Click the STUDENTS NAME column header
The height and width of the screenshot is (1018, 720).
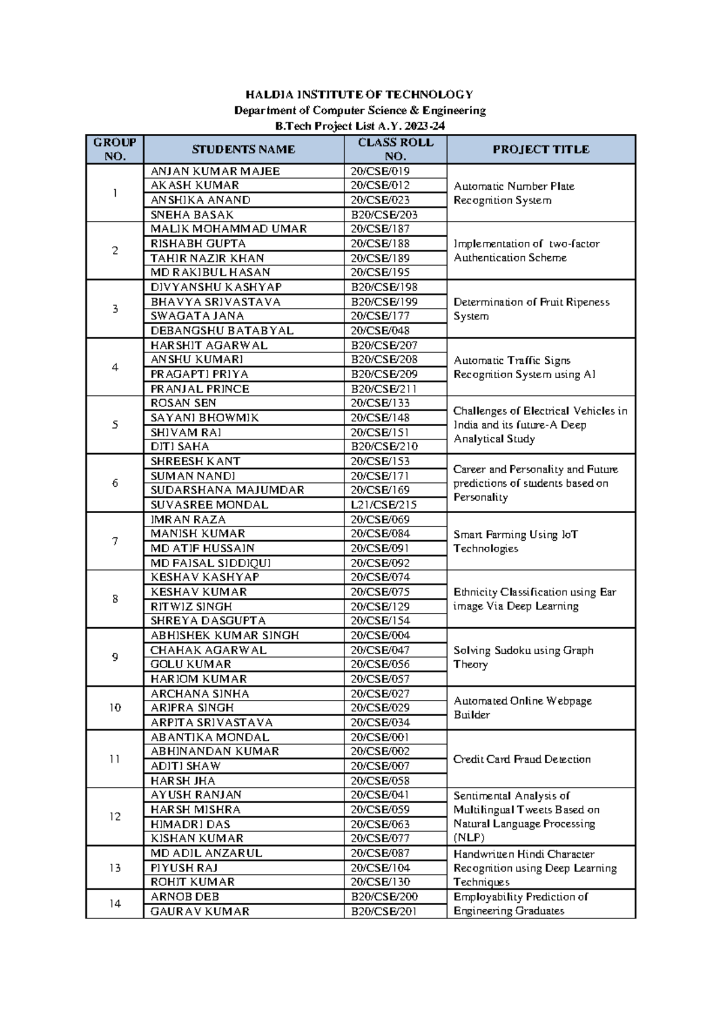[243, 149]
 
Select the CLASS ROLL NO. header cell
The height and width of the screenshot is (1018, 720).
[395, 149]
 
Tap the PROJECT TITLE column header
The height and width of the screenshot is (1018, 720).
[541, 149]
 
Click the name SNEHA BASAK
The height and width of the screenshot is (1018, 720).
[192, 214]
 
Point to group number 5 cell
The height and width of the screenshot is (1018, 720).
[115, 424]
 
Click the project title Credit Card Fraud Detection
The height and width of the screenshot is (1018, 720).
[522, 759]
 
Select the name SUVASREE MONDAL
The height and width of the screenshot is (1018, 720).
[209, 505]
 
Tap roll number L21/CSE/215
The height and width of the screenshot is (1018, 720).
[383, 505]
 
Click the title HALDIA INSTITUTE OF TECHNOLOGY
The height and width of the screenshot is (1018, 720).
[359, 94]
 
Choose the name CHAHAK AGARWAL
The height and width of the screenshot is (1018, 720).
[208, 650]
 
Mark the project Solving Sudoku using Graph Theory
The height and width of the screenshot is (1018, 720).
[523, 657]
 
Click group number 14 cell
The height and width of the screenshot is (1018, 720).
[115, 904]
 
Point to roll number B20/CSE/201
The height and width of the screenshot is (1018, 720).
[384, 911]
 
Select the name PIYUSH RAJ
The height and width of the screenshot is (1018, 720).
[184, 868]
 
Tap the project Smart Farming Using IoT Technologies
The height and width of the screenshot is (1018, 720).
[515, 541]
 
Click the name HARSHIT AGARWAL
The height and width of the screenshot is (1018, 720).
[209, 345]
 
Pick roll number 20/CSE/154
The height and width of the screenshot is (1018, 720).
[380, 621]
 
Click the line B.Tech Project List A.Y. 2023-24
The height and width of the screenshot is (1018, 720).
[359, 126]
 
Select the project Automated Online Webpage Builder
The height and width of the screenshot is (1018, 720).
[522, 708]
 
